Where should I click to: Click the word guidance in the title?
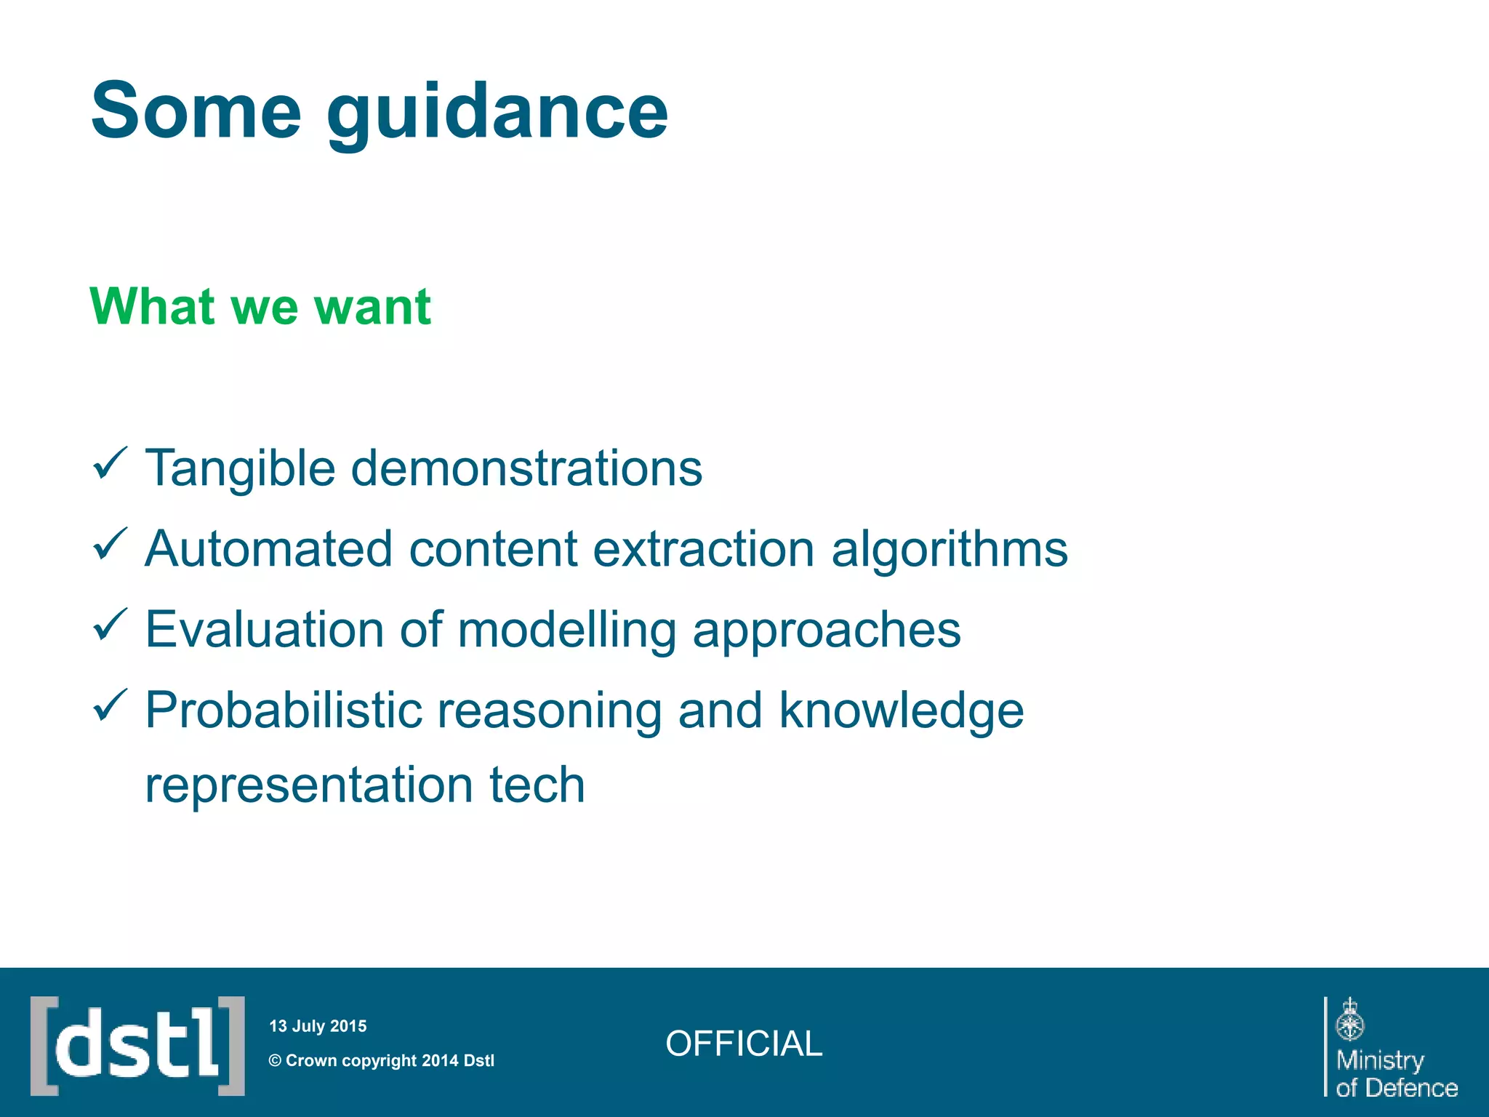(x=497, y=113)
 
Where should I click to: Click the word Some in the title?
(x=196, y=111)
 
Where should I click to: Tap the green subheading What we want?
(x=260, y=306)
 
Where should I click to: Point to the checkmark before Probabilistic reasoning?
(x=111, y=706)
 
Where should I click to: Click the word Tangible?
(x=240, y=468)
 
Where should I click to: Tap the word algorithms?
(x=949, y=549)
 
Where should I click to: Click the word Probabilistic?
(x=284, y=710)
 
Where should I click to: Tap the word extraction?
(x=703, y=549)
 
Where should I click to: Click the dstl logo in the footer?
(x=137, y=1046)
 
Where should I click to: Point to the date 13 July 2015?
(x=318, y=1026)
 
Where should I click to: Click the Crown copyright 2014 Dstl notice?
(x=382, y=1060)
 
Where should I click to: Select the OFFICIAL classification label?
(x=744, y=1044)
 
